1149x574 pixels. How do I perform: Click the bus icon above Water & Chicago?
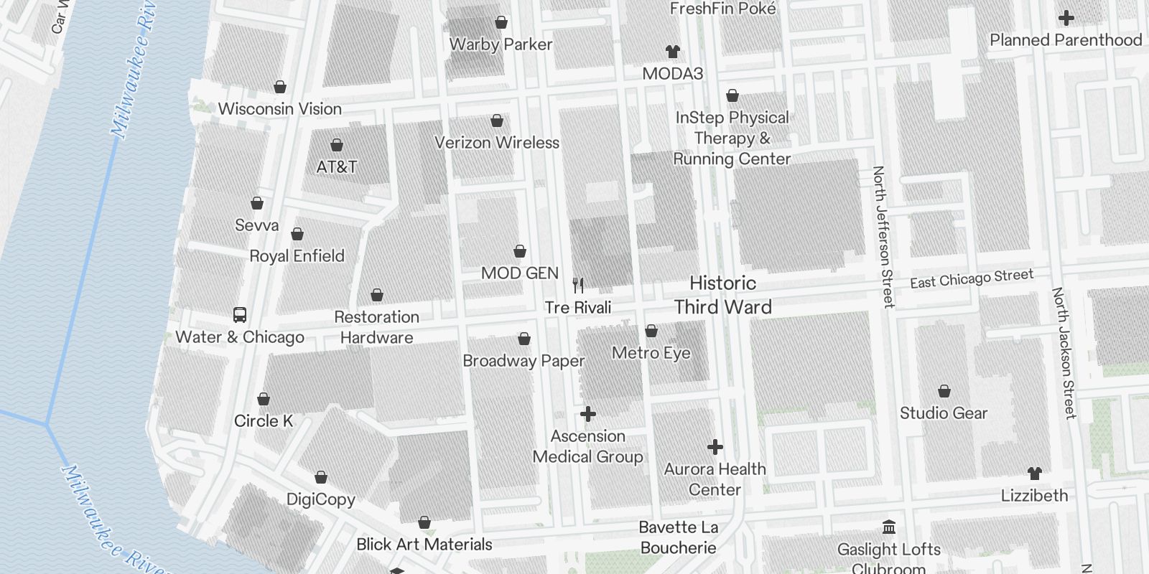(x=240, y=314)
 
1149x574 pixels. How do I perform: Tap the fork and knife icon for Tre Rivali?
(x=578, y=285)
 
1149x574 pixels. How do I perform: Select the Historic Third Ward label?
(x=722, y=295)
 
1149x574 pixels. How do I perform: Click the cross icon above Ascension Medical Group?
(x=588, y=414)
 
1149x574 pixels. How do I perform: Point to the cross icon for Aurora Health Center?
(x=715, y=447)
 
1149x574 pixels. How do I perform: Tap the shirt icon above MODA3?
(x=672, y=52)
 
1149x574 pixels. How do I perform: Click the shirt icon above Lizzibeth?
(x=1034, y=474)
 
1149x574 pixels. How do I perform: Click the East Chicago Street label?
(x=971, y=278)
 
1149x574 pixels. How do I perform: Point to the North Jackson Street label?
(x=1064, y=353)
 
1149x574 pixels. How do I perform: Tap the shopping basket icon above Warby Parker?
(x=501, y=22)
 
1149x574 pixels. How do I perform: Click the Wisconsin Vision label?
(x=279, y=109)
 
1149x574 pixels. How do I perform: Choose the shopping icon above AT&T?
(x=336, y=145)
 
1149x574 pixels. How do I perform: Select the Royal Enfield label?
(x=297, y=256)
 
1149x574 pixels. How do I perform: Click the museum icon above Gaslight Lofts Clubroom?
(x=889, y=527)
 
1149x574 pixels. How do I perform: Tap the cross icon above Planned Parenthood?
(x=1066, y=18)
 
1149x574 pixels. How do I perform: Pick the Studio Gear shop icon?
(x=944, y=391)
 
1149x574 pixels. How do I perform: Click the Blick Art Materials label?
(x=424, y=545)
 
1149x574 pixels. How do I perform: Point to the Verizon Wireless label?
(x=496, y=143)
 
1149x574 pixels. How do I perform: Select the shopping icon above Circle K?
(x=264, y=399)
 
